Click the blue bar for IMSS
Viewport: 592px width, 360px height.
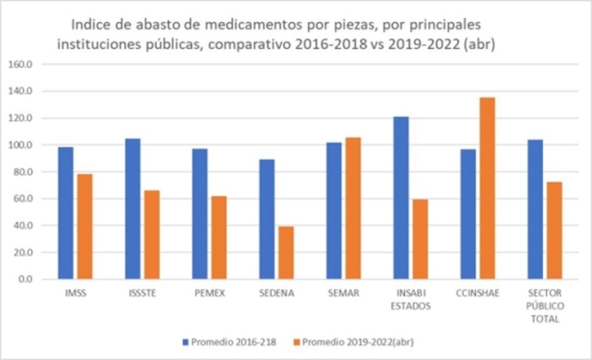point(66,213)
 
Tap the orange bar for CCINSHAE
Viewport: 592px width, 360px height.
point(487,188)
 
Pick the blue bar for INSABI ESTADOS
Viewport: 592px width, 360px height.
point(401,198)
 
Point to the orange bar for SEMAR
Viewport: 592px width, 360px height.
point(353,208)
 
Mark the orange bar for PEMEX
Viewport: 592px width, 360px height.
point(219,237)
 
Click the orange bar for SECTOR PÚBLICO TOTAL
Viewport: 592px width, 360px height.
point(554,231)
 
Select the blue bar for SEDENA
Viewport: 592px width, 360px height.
point(267,219)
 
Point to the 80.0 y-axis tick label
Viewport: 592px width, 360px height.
point(23,172)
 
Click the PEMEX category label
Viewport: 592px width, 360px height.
point(210,293)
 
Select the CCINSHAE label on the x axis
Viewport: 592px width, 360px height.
point(478,293)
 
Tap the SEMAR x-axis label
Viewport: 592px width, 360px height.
point(344,293)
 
